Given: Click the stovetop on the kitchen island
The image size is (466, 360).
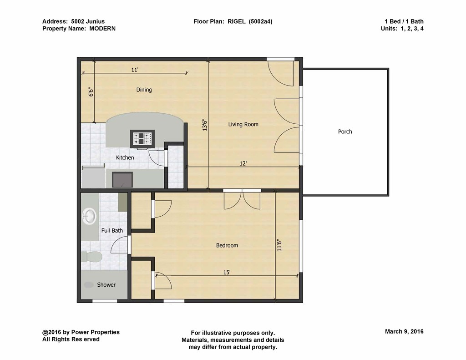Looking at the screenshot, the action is (142, 138).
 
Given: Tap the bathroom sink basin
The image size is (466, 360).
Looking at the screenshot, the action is (89, 216).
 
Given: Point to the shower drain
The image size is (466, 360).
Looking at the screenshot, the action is (89, 285).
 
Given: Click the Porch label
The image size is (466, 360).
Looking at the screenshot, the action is (345, 132).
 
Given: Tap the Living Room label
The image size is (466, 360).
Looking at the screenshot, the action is (243, 124).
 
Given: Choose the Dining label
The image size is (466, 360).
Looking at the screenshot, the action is (144, 90).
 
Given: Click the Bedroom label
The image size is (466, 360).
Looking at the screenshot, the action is (227, 245).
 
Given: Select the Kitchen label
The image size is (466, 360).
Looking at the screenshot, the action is (125, 157).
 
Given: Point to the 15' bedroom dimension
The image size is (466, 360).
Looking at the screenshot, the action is (227, 272).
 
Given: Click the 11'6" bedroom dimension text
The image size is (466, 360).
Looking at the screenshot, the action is (279, 245).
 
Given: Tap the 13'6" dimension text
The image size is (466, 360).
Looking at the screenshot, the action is (204, 125).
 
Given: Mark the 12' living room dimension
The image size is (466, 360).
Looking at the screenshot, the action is (243, 163).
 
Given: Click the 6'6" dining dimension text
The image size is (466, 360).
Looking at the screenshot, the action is (91, 92).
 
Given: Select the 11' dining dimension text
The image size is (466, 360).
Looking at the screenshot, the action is (135, 70).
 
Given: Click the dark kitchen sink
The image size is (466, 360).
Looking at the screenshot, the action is (122, 180).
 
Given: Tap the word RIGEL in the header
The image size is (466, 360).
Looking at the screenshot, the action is (237, 21).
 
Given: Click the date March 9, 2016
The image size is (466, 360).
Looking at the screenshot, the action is (404, 331).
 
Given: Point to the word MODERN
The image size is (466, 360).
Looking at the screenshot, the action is (102, 29).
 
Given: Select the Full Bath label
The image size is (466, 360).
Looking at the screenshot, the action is (112, 230).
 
